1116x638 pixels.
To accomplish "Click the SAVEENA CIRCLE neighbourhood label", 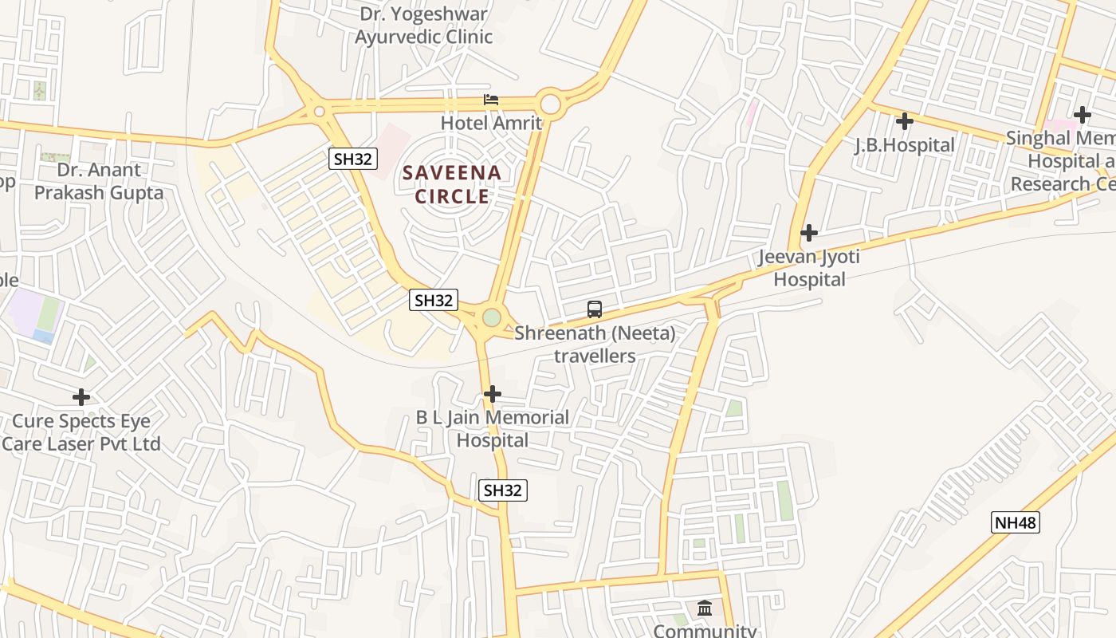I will pyautogui.click(x=451, y=184).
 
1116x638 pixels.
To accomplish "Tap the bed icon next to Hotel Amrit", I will pyautogui.click(x=491, y=100).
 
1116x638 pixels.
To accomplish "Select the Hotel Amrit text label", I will pyautogui.click(x=491, y=123).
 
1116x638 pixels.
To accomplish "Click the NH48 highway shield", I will pyautogui.click(x=1016, y=523).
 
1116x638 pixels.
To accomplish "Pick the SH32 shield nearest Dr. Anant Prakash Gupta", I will pyautogui.click(x=352, y=159).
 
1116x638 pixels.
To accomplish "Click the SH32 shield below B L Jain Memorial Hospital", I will pyautogui.click(x=502, y=490).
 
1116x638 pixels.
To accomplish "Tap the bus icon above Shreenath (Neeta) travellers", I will pyautogui.click(x=595, y=309).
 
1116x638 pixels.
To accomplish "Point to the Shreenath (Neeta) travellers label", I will pyautogui.click(x=595, y=345).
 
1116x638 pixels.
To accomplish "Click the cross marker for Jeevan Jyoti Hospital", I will pyautogui.click(x=809, y=233).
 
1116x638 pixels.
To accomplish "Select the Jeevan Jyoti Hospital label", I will pyautogui.click(x=809, y=268).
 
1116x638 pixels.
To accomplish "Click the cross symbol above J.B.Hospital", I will pyautogui.click(x=904, y=122).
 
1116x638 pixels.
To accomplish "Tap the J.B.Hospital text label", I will pyautogui.click(x=904, y=145).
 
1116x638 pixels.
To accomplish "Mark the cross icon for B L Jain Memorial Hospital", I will pyautogui.click(x=493, y=394).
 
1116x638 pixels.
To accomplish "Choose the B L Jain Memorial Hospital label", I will pyautogui.click(x=493, y=428).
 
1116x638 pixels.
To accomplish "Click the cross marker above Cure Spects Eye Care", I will pyautogui.click(x=81, y=397).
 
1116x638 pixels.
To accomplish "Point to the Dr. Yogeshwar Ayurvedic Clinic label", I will pyautogui.click(x=424, y=26).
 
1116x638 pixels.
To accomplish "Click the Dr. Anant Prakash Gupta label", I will pyautogui.click(x=99, y=181).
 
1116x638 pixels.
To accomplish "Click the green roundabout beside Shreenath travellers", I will pyautogui.click(x=492, y=317).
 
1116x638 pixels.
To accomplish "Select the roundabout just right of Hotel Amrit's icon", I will pyautogui.click(x=550, y=104).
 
